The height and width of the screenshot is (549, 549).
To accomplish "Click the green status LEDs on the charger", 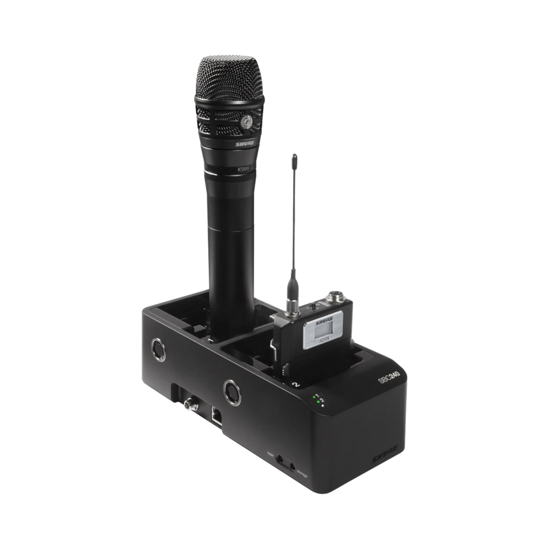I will (316, 401).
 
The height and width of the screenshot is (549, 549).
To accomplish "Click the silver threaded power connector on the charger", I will (190, 403).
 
